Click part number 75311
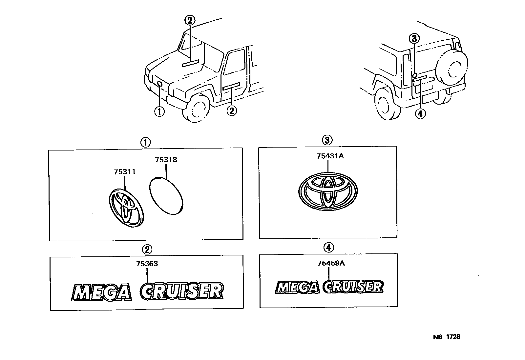click(x=125, y=172)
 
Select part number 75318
click(x=166, y=160)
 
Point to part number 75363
click(x=147, y=264)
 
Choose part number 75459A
click(x=331, y=263)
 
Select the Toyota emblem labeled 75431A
click(x=327, y=191)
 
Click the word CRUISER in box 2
click(x=182, y=291)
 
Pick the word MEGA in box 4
click(x=297, y=287)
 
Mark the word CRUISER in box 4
click(x=353, y=287)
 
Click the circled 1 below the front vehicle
click(x=159, y=111)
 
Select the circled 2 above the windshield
click(x=189, y=21)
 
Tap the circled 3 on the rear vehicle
click(x=414, y=39)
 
